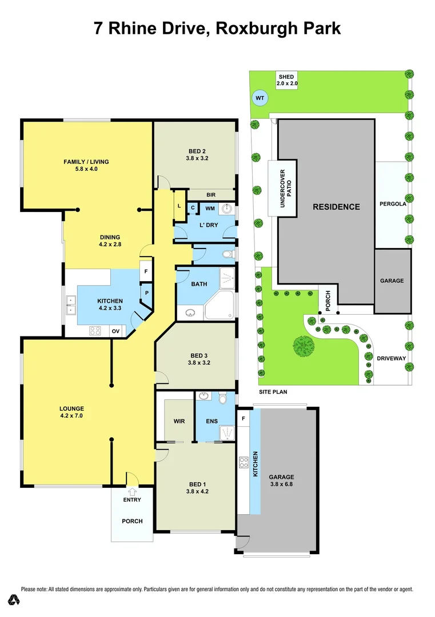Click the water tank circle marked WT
pyautogui.click(x=260, y=98)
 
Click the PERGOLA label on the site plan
pyautogui.click(x=392, y=203)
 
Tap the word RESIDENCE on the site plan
pyautogui.click(x=336, y=207)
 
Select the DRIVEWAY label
pyautogui.click(x=391, y=358)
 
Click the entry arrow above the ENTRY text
pyautogui.click(x=132, y=490)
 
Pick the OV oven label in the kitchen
pyautogui.click(x=115, y=331)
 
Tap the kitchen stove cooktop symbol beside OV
pyautogui.click(x=95, y=330)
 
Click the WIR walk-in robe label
pyautogui.click(x=179, y=422)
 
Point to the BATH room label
pyautogui.click(x=199, y=284)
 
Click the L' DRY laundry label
pyautogui.click(x=208, y=225)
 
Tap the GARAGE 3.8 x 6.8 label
pyautogui.click(x=282, y=480)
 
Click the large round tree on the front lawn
pyautogui.click(x=303, y=346)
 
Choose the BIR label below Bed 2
pyautogui.click(x=194, y=195)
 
